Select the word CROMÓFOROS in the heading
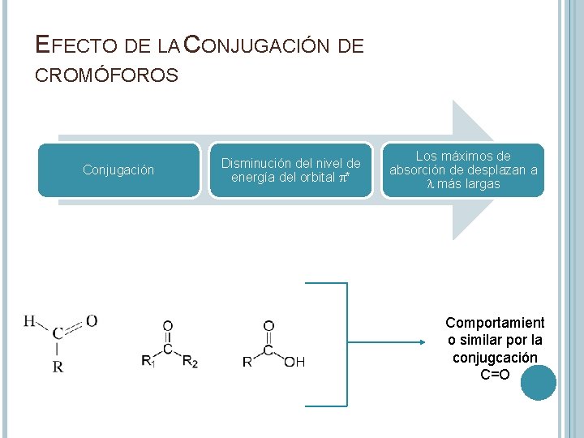click(106, 76)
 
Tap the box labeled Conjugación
click(118, 170)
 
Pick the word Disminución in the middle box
click(254, 164)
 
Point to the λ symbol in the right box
click(431, 185)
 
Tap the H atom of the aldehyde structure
click(29, 321)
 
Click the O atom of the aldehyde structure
click(92, 321)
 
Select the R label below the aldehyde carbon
click(58, 367)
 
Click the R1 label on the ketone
click(148, 362)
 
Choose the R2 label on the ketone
click(190, 362)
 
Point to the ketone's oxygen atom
click(168, 326)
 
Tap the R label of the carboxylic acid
click(247, 362)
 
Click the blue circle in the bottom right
click(538, 383)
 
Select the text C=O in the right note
click(495, 374)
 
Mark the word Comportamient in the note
click(495, 323)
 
